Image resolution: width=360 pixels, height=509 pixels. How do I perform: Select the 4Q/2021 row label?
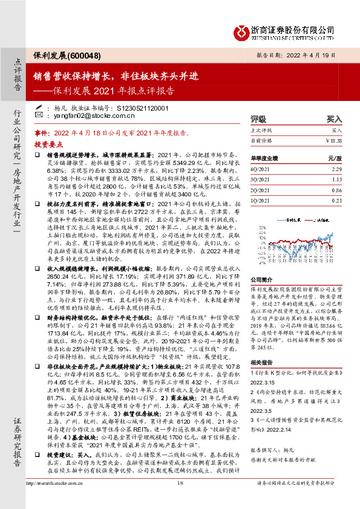pyautogui.click(x=262, y=169)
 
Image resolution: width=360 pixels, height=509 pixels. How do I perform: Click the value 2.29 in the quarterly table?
pyautogui.click(x=336, y=169)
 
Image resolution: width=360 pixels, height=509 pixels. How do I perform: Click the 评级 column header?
pyautogui.click(x=258, y=120)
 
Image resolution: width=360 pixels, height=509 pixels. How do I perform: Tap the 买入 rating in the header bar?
pyautogui.click(x=334, y=120)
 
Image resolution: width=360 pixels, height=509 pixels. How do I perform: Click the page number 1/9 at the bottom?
pyautogui.click(x=180, y=499)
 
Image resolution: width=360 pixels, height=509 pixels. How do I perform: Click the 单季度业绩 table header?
pyautogui.click(x=265, y=157)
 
